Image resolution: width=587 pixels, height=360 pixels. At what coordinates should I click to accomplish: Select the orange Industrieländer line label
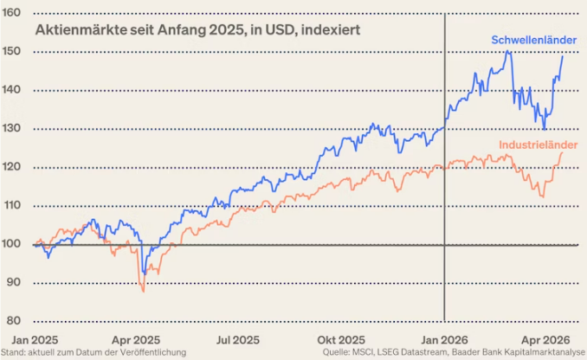coord(537,144)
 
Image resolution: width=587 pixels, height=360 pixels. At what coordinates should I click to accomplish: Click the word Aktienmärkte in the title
coord(68,29)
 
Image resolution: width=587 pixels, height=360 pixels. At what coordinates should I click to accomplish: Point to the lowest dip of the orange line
coord(143,291)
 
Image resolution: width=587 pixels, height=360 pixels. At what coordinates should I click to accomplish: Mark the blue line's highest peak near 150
coord(507,52)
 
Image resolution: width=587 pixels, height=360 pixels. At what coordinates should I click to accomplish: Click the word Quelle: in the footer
coord(338,353)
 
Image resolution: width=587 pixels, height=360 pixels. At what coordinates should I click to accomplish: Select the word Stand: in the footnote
coord(15,353)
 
